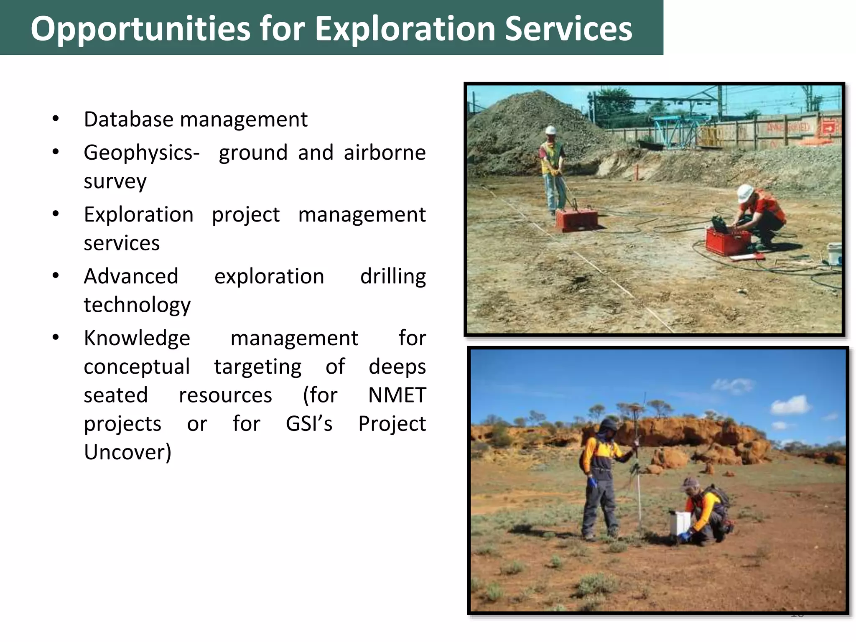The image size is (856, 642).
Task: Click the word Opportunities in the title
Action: (140, 29)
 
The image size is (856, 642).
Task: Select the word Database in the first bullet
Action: (128, 120)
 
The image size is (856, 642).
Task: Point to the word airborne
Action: (385, 153)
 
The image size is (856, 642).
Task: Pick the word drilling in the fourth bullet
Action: (393, 277)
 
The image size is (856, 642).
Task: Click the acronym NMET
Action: (397, 395)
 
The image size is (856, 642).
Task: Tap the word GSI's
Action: (309, 424)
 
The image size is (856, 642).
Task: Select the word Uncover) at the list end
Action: (127, 452)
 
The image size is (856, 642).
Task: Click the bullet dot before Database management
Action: (56, 119)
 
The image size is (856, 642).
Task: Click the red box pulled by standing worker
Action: (576, 220)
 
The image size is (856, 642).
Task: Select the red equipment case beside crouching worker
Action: (728, 242)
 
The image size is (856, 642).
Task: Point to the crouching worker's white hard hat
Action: (745, 193)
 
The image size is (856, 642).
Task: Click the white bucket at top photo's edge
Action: (834, 253)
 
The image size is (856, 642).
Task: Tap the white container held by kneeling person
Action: (680, 522)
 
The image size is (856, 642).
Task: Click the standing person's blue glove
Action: (592, 483)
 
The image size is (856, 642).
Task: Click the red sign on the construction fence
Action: (828, 127)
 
